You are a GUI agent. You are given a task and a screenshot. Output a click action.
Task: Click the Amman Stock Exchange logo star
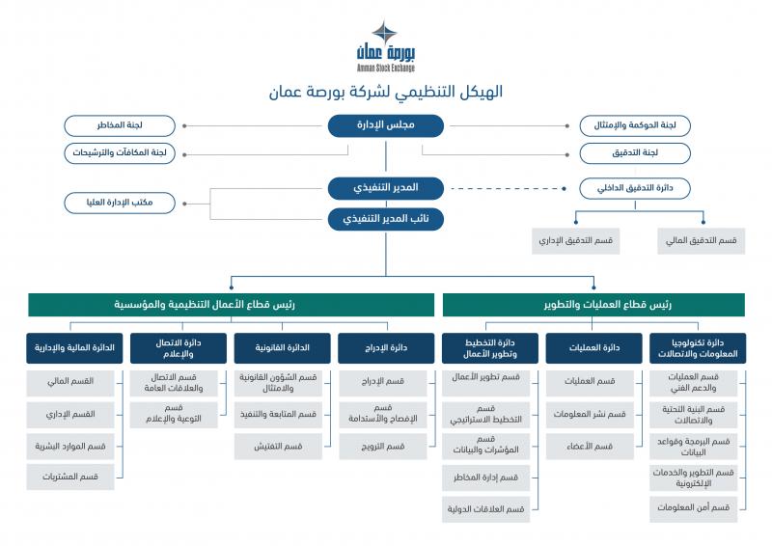[x=384, y=33]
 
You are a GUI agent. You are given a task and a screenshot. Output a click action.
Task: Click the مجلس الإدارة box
[x=385, y=125]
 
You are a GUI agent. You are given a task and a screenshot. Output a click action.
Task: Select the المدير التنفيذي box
[x=385, y=188]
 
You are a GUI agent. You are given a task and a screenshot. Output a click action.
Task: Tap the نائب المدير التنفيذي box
[x=385, y=219]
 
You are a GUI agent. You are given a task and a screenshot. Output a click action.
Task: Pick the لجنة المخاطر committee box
[x=120, y=125]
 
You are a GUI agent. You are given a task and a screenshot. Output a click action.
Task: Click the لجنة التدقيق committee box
[x=635, y=153]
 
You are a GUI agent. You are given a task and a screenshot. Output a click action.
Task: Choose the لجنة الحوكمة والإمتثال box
[x=635, y=125]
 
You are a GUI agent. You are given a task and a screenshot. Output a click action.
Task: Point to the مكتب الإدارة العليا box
[x=120, y=203]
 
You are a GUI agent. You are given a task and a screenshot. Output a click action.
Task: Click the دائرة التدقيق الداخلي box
[x=635, y=188]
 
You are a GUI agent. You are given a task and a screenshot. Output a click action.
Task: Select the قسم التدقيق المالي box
[x=702, y=241]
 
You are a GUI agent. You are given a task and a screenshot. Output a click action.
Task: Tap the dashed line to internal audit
[x=509, y=188]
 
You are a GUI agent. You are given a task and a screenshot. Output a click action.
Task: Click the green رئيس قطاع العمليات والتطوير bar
[x=593, y=305]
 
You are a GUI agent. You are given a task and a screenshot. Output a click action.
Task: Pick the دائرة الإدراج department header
[x=386, y=348]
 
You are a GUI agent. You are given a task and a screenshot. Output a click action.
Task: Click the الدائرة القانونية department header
[x=282, y=348]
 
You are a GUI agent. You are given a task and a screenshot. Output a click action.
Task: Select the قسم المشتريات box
[x=70, y=477]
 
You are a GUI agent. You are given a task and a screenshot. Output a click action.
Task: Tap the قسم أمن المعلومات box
[x=693, y=507]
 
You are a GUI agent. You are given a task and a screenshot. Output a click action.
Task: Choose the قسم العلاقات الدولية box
[x=486, y=509]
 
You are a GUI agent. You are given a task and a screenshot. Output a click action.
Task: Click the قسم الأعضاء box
[x=590, y=447]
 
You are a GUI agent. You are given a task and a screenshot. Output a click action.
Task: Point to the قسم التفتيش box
[x=278, y=447]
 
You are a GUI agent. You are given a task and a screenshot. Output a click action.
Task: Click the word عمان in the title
[x=285, y=92]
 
